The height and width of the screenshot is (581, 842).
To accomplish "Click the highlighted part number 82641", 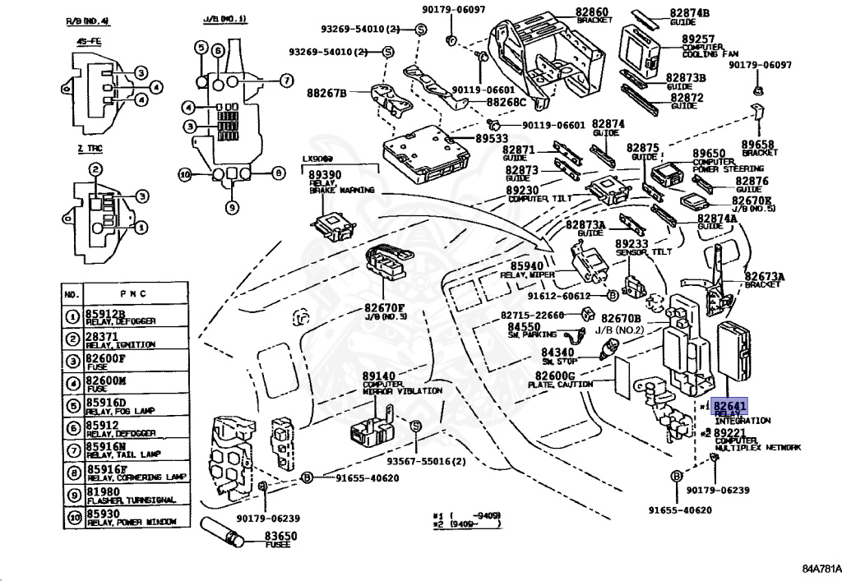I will pyautogui.click(x=730, y=406).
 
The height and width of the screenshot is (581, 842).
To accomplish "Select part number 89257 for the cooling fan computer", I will pyautogui.click(x=698, y=39).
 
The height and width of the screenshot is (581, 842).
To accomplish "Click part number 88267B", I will pyautogui.click(x=326, y=92).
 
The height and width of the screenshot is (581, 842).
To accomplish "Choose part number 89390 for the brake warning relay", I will pyautogui.click(x=326, y=175).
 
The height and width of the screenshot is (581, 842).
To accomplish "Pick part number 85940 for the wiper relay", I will pyautogui.click(x=527, y=266).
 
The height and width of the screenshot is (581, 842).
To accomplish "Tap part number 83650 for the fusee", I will pyautogui.click(x=280, y=536).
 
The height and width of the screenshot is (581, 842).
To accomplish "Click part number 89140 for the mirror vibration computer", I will pyautogui.click(x=379, y=376).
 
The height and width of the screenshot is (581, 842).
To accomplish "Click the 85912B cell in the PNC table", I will pyautogui.click(x=107, y=313).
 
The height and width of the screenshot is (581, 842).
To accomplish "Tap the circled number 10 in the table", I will pyautogui.click(x=73, y=517).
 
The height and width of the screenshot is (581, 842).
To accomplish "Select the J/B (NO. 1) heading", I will pyautogui.click(x=224, y=18).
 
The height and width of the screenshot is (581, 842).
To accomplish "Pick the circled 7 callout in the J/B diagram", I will pyautogui.click(x=285, y=81).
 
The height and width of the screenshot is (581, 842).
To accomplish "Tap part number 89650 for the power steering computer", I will pyautogui.click(x=709, y=154).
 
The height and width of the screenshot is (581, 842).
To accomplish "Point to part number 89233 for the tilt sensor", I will pyautogui.click(x=632, y=244).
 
